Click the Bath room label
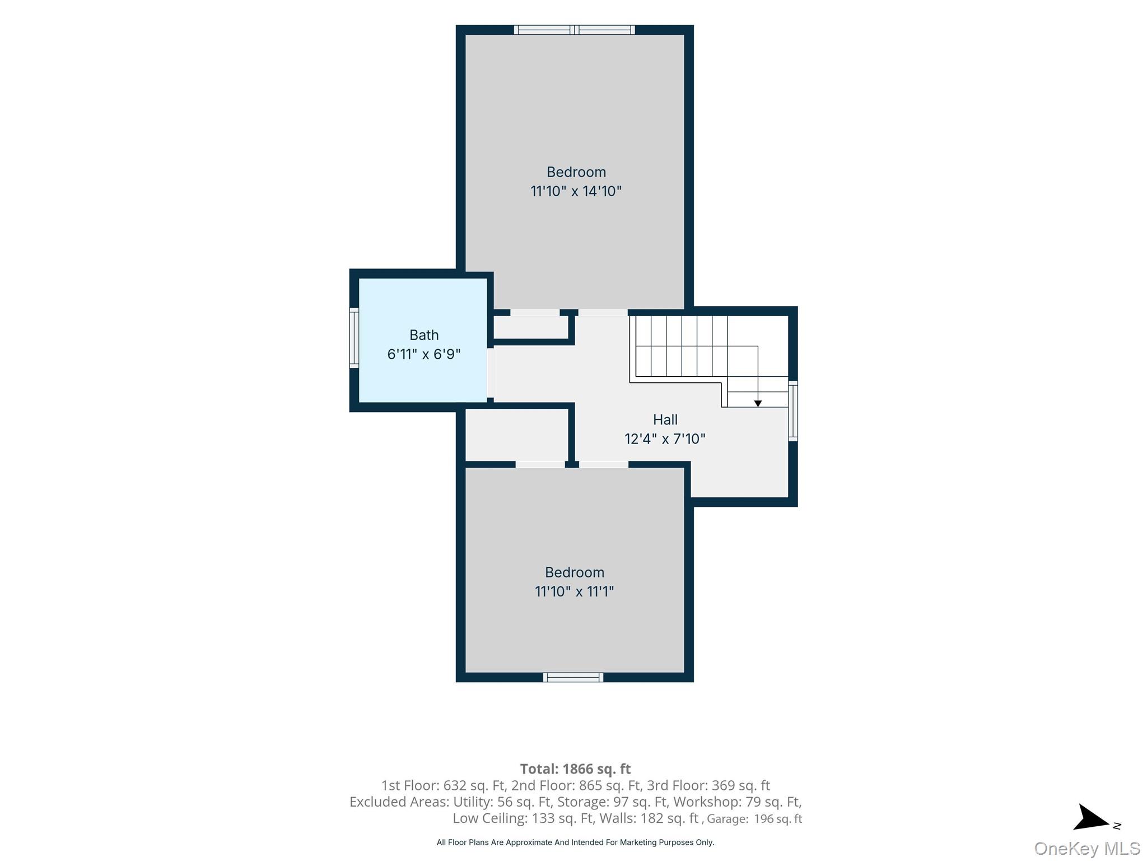[x=424, y=335]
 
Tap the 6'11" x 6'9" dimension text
[x=424, y=354]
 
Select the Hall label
[x=665, y=420]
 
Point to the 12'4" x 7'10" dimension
[x=665, y=439]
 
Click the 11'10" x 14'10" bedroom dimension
[x=576, y=191]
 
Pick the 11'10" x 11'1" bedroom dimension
[x=574, y=591]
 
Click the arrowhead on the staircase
[x=758, y=404]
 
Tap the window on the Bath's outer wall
[x=354, y=337]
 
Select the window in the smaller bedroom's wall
[x=573, y=677]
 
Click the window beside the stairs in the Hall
[x=793, y=411]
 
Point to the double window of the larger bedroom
[x=575, y=30]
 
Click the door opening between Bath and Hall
[x=491, y=373]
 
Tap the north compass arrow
[x=1091, y=818]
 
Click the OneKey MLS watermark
[x=1087, y=849]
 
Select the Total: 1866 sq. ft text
[x=575, y=769]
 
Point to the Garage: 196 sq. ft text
[x=754, y=819]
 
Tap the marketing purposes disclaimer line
[x=575, y=843]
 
